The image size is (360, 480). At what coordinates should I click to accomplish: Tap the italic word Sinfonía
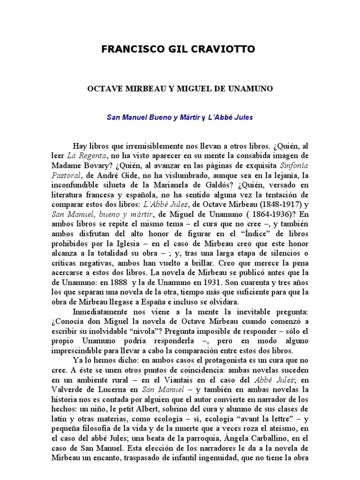tap(294, 166)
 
